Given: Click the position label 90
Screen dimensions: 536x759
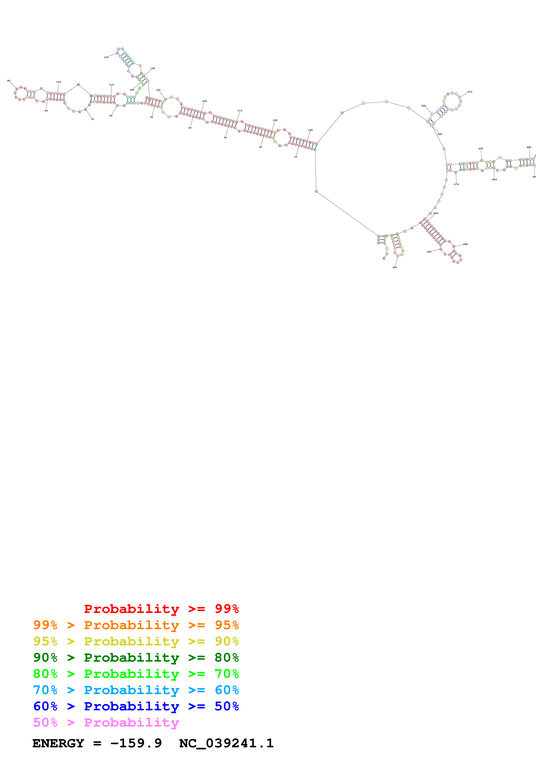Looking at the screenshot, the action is pyautogui.click(x=9, y=81).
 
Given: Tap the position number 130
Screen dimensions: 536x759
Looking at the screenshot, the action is pyautogui.click(x=106, y=57).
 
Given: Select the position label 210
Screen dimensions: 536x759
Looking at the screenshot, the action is pyautogui.click(x=470, y=92).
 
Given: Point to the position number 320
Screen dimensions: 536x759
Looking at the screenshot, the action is pyautogui.click(x=394, y=267).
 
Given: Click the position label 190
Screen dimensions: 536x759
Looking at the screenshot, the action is pyautogui.click(x=310, y=130).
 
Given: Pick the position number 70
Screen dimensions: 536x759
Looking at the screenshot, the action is pyautogui.click(x=92, y=119).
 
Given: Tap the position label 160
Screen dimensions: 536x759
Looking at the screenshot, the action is pyautogui.click(x=204, y=101).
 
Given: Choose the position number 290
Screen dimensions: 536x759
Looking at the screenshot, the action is pyautogui.click(x=465, y=244).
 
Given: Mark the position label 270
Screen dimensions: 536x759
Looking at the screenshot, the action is pyautogui.click(x=456, y=184).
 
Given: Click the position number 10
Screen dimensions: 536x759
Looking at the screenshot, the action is pyautogui.click(x=296, y=157).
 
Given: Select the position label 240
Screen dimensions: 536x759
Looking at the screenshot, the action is pyautogui.click(x=529, y=147).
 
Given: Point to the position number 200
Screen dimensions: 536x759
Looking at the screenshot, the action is pyautogui.click(x=423, y=106).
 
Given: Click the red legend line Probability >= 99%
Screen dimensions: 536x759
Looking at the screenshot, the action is pyautogui.click(x=161, y=609).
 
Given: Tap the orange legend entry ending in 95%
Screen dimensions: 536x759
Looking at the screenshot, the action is pyautogui.click(x=136, y=625).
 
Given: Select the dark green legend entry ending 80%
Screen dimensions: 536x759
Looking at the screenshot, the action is pyautogui.click(x=136, y=658).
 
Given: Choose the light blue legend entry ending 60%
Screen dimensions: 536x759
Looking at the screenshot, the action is pyautogui.click(x=136, y=690).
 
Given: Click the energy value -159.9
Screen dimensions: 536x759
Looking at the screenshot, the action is pyautogui.click(x=136, y=743).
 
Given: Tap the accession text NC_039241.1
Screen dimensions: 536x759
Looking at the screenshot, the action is pyautogui.click(x=226, y=743).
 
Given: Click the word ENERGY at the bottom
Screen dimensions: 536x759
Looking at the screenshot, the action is pyautogui.click(x=58, y=743).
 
